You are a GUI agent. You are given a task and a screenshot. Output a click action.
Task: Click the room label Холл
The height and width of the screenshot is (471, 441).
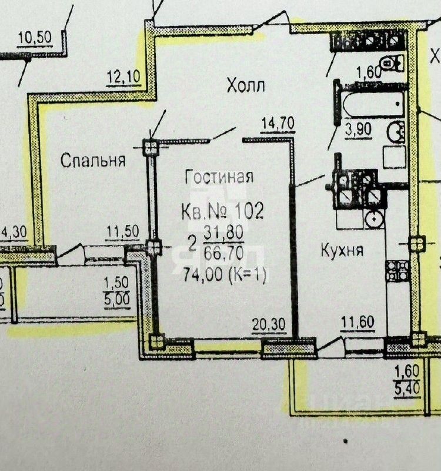point(246,86)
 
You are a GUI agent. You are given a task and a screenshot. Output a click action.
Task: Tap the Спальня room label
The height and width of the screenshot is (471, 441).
point(93,161)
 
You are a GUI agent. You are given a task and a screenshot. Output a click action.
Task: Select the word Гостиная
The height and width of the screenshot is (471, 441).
point(219,177)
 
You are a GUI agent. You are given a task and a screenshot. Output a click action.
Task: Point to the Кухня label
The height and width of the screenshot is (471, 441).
point(342,250)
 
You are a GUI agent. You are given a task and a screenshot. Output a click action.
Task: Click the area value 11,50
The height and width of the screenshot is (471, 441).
point(122,232)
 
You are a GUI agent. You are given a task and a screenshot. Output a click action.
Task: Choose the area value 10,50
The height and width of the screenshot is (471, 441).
point(35,38)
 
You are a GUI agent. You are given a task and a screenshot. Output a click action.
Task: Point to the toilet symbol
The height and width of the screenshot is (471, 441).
point(391,61)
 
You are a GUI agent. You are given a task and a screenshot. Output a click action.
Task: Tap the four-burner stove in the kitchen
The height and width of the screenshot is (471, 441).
point(397,270)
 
